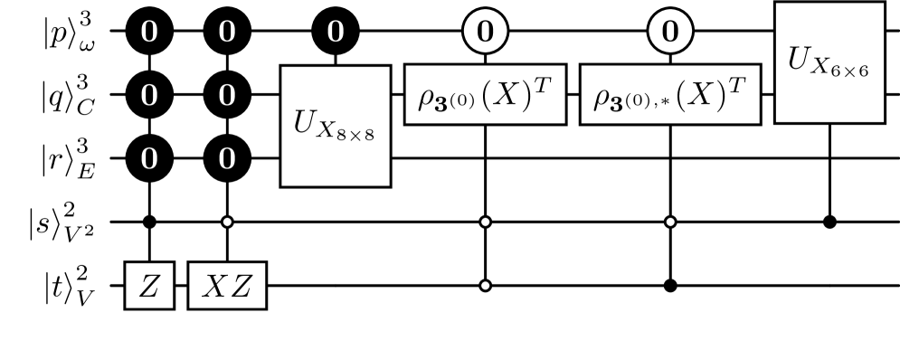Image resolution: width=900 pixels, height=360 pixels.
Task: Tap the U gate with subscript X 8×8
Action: pyautogui.click(x=336, y=126)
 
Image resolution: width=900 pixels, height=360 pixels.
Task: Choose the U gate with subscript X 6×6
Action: pyautogui.click(x=829, y=62)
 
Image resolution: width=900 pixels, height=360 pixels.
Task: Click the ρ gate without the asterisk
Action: pyautogui.click(x=485, y=94)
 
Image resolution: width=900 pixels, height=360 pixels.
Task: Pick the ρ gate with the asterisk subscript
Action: pyautogui.click(x=670, y=94)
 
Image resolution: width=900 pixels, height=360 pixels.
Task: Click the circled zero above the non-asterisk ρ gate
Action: pyautogui.click(x=485, y=33)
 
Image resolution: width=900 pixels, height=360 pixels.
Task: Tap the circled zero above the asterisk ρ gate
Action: pyautogui.click(x=670, y=33)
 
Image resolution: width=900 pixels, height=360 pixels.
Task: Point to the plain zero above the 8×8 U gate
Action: pyautogui.click(x=336, y=33)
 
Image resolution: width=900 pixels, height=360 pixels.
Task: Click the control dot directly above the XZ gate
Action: pyautogui.click(x=227, y=222)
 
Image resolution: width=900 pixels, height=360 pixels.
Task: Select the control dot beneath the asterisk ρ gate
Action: pyautogui.click(x=670, y=222)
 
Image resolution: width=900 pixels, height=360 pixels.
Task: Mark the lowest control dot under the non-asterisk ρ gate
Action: pyautogui.click(x=485, y=286)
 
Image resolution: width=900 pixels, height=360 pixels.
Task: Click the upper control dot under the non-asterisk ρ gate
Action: pyautogui.click(x=485, y=222)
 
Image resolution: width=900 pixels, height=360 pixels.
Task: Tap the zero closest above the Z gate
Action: pyautogui.click(x=149, y=159)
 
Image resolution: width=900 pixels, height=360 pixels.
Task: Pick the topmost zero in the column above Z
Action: pyautogui.click(x=149, y=33)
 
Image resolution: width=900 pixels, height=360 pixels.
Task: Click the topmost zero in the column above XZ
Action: pyautogui.click(x=227, y=33)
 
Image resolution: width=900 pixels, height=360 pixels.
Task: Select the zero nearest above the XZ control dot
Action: pyautogui.click(x=227, y=159)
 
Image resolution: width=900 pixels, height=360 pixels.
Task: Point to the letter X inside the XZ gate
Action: pyautogui.click(x=214, y=286)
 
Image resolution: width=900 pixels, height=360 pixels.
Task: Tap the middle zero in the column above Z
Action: pyautogui.click(x=149, y=95)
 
